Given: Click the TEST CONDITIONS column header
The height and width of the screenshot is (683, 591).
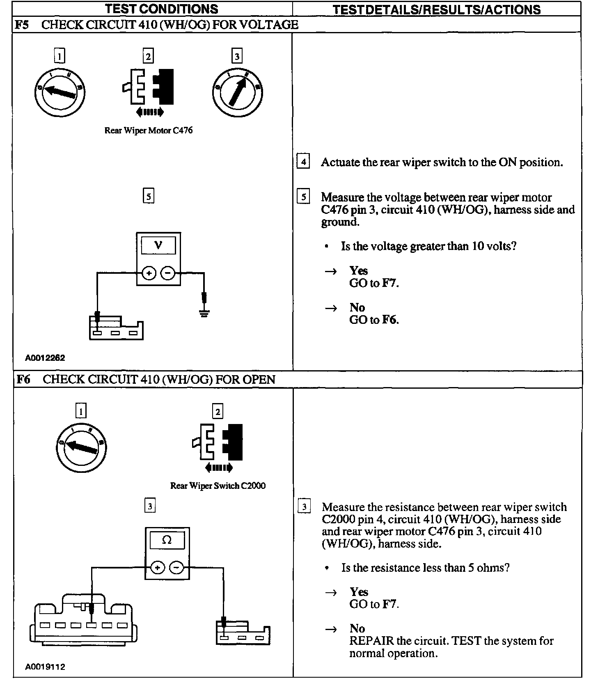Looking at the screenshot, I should tap(162, 9).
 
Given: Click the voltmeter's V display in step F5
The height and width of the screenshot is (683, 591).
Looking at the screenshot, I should tap(158, 245).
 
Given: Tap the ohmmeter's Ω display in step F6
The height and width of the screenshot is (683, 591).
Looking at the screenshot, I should tap(167, 540).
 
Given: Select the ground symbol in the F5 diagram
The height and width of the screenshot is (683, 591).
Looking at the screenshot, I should tap(204, 314).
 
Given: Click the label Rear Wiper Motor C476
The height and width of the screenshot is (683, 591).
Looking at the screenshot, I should tap(148, 131).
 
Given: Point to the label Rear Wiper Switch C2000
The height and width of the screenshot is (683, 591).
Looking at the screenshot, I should tap(218, 486).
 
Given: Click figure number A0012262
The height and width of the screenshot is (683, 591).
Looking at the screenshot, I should tap(45, 358).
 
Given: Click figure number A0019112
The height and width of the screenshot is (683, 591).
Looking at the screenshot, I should tap(45, 667).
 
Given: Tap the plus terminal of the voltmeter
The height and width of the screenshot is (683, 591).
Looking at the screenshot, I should tap(149, 273).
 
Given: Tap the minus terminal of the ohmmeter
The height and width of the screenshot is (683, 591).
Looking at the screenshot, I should tap(177, 568).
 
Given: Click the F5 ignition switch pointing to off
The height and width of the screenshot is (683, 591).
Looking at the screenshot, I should tap(60, 92).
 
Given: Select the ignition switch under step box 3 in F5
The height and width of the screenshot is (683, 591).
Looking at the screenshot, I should tap(238, 92).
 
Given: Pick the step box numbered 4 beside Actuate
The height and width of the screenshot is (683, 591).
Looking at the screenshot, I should tap(303, 161).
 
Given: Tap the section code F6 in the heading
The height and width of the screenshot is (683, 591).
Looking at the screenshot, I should tap(23, 379).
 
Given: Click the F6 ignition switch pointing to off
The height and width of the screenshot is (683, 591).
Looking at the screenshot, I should tap(81, 447).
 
